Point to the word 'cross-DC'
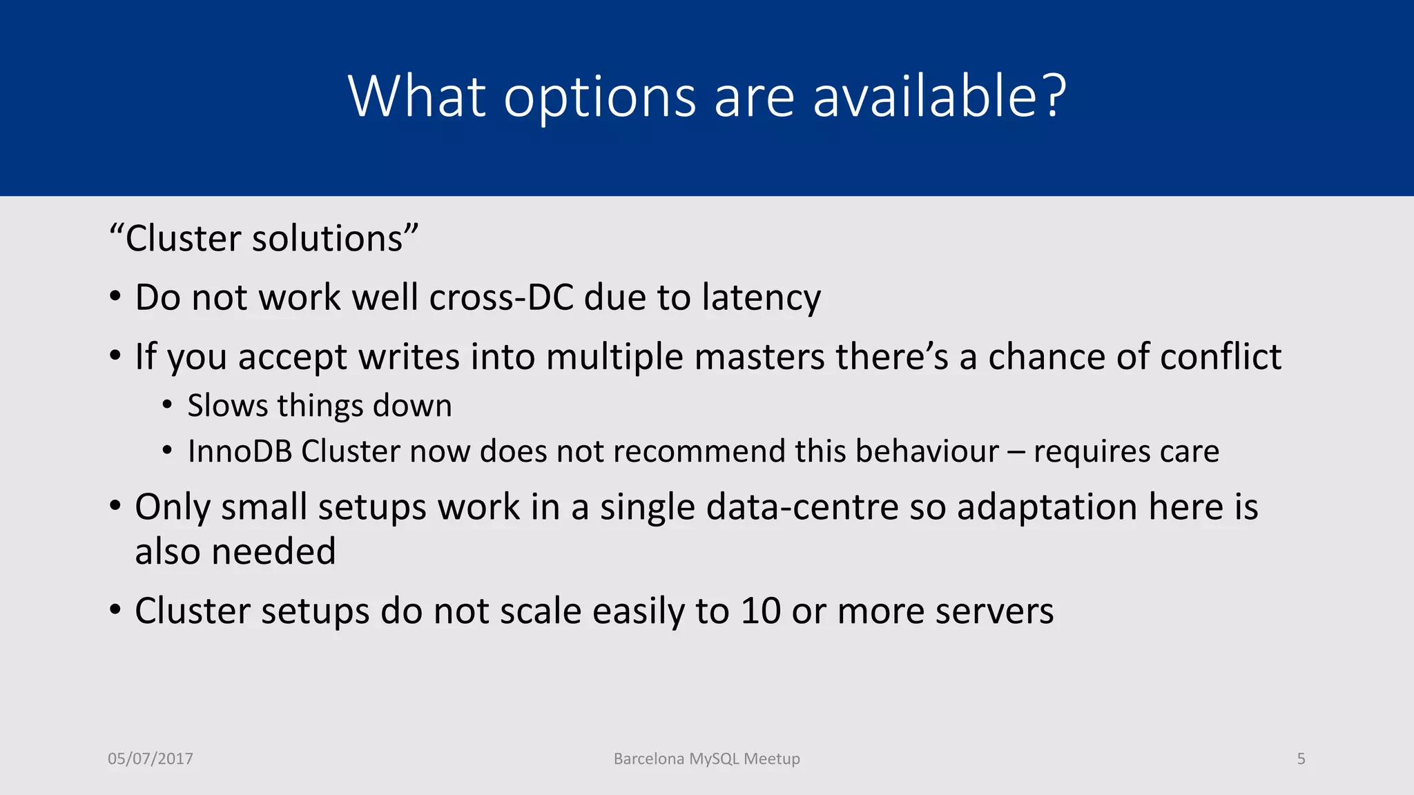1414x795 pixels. [x=502, y=297]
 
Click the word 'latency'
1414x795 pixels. [x=761, y=299]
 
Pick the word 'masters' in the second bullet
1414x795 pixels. [x=759, y=357]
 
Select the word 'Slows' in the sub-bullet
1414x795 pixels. [x=227, y=406]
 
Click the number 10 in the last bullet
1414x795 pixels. [x=760, y=611]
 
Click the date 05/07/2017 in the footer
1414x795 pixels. [x=151, y=759]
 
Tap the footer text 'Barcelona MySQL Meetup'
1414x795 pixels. [x=706, y=759]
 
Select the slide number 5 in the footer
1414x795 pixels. [x=1301, y=759]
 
